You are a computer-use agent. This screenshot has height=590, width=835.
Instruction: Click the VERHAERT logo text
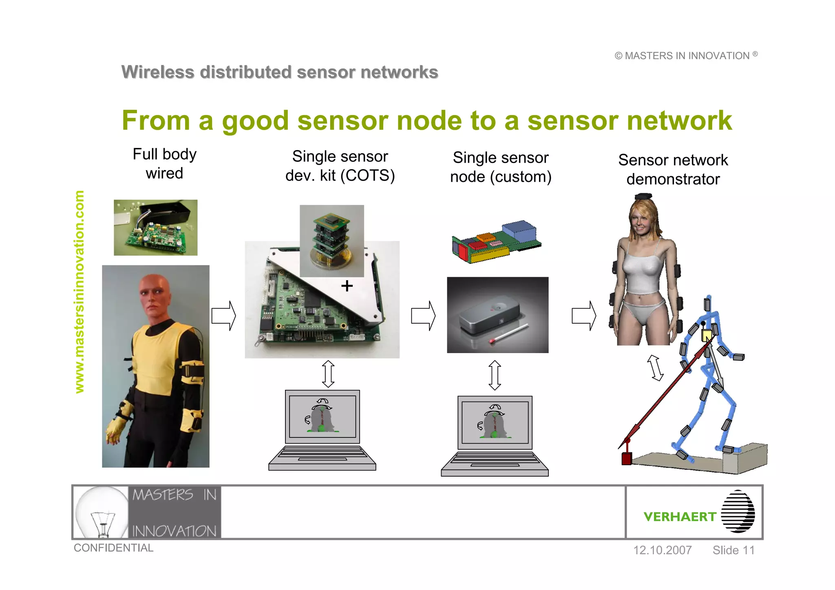pyautogui.click(x=680, y=517)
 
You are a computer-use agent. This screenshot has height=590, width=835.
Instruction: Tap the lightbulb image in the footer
pyautogui.click(x=102, y=512)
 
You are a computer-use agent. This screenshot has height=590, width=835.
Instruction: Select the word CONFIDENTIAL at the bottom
pyautogui.click(x=113, y=548)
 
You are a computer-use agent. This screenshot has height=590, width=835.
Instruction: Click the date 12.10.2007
pyautogui.click(x=662, y=550)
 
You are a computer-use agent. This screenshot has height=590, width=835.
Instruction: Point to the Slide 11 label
pyautogui.click(x=733, y=550)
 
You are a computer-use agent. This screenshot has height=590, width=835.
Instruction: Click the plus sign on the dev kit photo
pyautogui.click(x=347, y=286)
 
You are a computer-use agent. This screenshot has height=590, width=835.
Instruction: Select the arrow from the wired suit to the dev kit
pyautogui.click(x=223, y=316)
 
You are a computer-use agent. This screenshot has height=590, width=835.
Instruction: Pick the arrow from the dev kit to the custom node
pyautogui.click(x=423, y=316)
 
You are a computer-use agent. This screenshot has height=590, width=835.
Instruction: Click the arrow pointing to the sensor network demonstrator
pyautogui.click(x=584, y=316)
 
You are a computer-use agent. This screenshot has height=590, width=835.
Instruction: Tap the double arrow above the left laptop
pyautogui.click(x=328, y=374)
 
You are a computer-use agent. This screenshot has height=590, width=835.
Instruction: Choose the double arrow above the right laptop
pyautogui.click(x=495, y=375)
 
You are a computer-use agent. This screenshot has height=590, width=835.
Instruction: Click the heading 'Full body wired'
pyautogui.click(x=164, y=164)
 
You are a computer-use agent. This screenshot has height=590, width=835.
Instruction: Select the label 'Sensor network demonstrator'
pyautogui.click(x=673, y=170)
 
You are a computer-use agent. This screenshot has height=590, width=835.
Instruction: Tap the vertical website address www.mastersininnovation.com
pyautogui.click(x=80, y=292)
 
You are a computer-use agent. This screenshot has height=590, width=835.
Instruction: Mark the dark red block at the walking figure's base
pyautogui.click(x=626, y=458)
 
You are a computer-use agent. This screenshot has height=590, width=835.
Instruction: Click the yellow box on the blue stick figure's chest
pyautogui.click(x=707, y=336)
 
